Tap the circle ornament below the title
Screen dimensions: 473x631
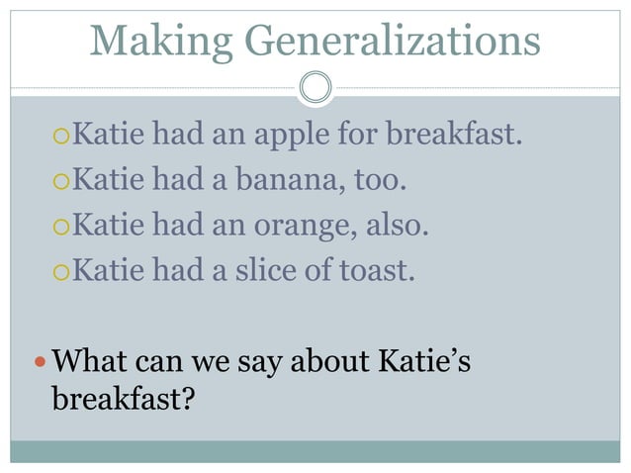click(315, 87)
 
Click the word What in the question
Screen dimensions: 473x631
click(89, 363)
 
